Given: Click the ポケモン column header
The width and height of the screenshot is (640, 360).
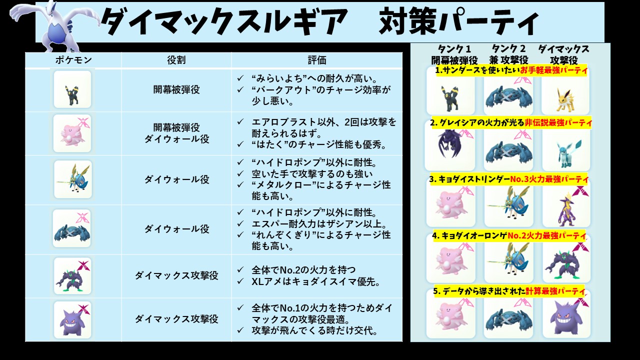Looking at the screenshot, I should click(x=73, y=60).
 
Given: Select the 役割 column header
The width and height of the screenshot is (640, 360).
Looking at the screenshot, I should click(x=176, y=60).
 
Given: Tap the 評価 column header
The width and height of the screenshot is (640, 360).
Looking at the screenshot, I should click(x=316, y=60).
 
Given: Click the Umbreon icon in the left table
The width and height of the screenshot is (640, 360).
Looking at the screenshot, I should click(x=72, y=89).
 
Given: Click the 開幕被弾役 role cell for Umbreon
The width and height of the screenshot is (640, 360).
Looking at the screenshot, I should click(x=176, y=90).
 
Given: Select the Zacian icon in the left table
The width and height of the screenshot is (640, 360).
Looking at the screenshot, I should click(x=72, y=179).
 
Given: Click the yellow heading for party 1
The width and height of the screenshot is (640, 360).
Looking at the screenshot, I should click(x=511, y=70).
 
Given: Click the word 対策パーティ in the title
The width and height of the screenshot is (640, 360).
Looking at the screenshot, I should click(x=458, y=22).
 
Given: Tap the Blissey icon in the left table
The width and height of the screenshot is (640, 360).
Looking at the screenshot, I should click(x=72, y=133).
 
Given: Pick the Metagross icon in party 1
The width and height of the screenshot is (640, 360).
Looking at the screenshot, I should click(x=508, y=97).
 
